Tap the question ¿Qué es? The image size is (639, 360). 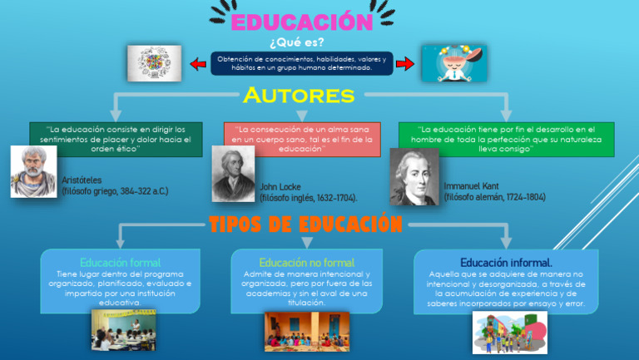[296, 42]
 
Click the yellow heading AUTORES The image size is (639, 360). [299, 96]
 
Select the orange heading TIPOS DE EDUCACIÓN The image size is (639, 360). [305, 224]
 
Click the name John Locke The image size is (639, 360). [280, 186]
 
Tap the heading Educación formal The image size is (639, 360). [120, 262]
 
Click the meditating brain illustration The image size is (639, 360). [453, 63]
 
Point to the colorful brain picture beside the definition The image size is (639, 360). [154, 63]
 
